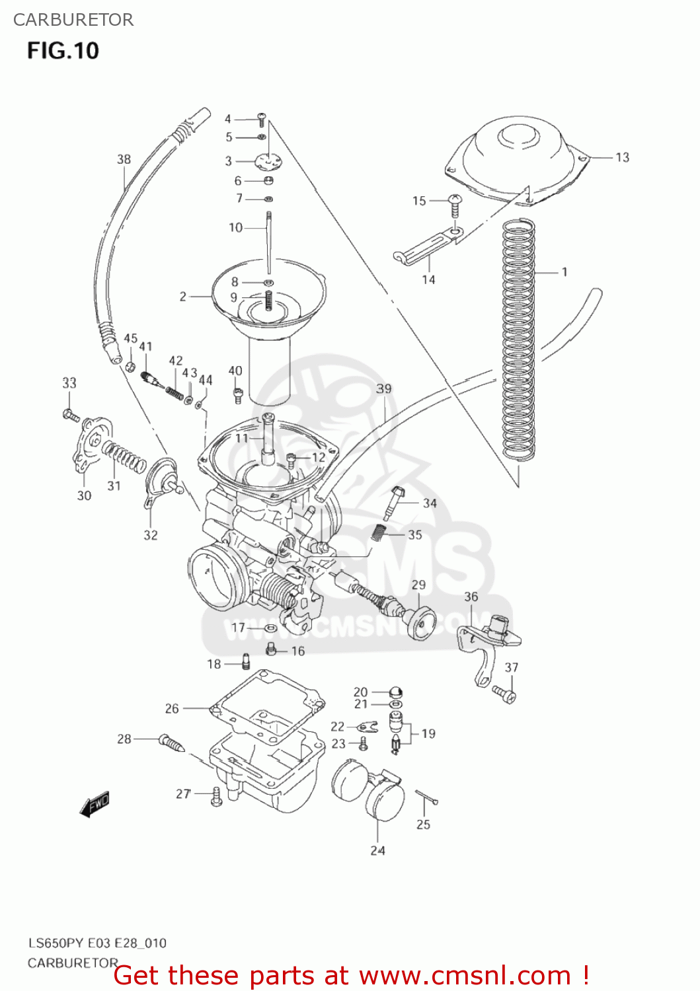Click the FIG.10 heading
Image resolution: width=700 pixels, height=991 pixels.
(63, 51)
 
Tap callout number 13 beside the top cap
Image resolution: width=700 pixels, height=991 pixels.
(622, 157)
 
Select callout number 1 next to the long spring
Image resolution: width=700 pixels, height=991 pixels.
(564, 272)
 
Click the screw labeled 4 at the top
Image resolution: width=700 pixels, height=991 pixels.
(262, 120)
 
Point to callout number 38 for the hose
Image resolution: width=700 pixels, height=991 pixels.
(124, 159)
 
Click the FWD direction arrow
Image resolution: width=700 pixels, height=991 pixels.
(94, 805)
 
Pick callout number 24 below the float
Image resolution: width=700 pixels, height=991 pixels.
(377, 850)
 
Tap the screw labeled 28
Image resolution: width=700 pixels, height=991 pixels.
(171, 743)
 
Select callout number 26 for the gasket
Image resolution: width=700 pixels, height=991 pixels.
(172, 708)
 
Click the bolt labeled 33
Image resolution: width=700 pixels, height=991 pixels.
(71, 416)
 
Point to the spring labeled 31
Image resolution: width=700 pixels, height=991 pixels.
(124, 456)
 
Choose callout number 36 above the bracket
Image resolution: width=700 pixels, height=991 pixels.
(471, 597)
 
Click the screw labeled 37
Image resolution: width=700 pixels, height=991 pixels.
(504, 693)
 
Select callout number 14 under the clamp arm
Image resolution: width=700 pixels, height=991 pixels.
(428, 279)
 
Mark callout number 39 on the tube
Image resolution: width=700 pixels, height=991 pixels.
(383, 388)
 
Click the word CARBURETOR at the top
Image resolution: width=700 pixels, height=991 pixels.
(73, 20)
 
